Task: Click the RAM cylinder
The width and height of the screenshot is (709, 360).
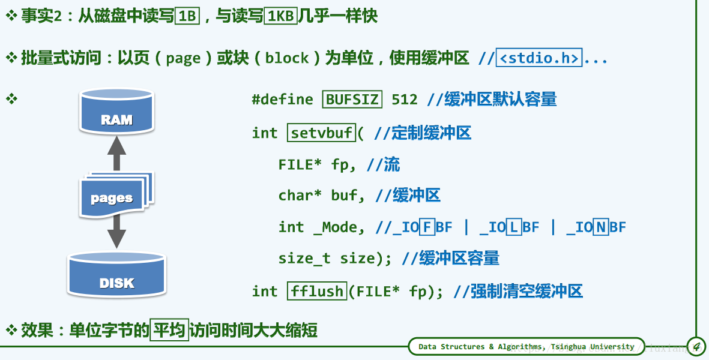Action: [x=116, y=112]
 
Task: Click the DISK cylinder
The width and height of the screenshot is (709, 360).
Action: [x=116, y=275]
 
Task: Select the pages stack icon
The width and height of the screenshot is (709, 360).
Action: [x=114, y=195]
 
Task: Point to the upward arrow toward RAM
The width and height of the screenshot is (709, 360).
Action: [x=116, y=152]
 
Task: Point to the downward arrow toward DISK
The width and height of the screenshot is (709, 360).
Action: [x=116, y=231]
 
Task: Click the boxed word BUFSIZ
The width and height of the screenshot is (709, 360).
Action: [x=352, y=100]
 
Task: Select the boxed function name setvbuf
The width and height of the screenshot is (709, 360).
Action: [x=322, y=133]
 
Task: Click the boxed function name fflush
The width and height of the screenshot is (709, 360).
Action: [x=316, y=292]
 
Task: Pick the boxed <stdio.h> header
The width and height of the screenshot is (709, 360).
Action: [x=539, y=58]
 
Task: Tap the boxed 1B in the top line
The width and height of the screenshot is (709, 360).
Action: [x=188, y=16]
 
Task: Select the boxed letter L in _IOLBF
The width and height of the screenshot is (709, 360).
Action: [x=514, y=227]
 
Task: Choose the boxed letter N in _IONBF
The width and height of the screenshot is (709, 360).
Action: [x=601, y=227]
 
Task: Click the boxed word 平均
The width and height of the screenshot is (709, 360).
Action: [x=169, y=329]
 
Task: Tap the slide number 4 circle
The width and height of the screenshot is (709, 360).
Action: [x=696, y=346]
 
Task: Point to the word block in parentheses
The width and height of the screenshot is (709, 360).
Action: [x=287, y=58]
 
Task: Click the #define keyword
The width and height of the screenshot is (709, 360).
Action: [x=282, y=100]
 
